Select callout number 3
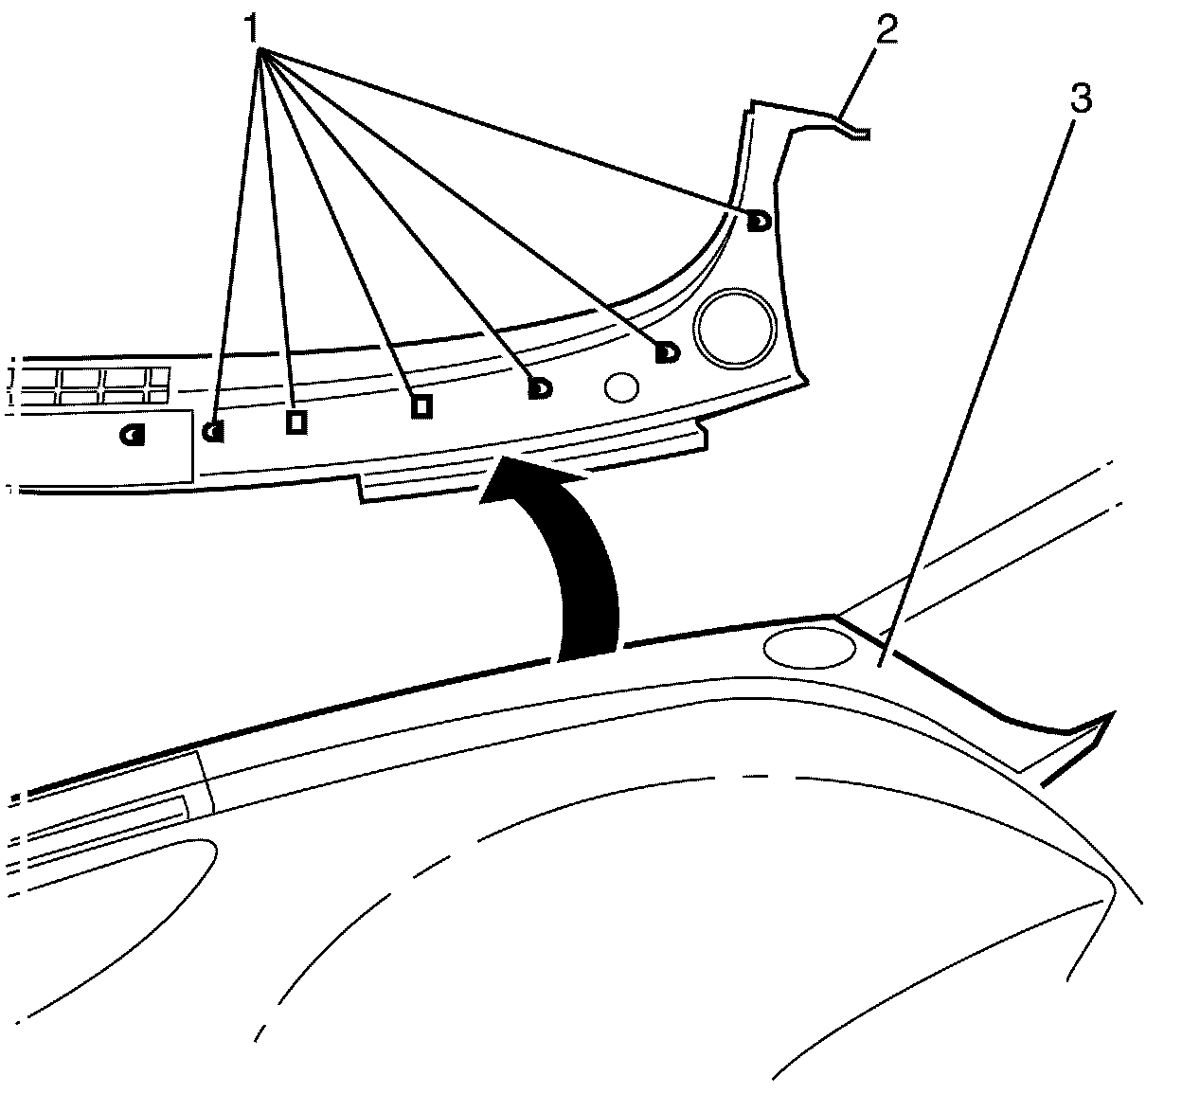[1081, 99]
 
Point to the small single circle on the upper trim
[621, 386]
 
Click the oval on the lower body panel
[809, 647]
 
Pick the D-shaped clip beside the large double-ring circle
[668, 352]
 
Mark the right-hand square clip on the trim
[421, 405]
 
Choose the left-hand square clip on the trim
[295, 421]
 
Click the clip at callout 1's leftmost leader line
[214, 431]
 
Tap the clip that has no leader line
[132, 435]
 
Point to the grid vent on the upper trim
[95, 384]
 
